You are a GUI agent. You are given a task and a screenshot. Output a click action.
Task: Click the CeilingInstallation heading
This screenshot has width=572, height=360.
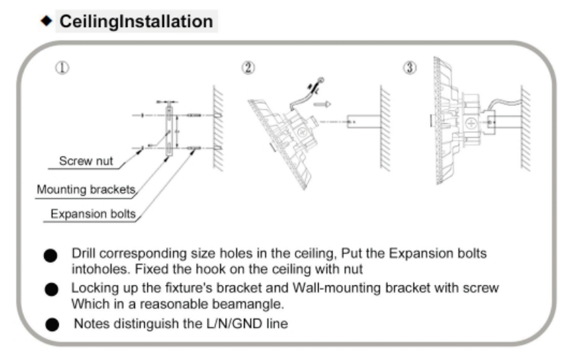point(136,21)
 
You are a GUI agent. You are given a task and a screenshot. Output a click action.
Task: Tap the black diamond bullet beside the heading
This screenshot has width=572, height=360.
point(46,21)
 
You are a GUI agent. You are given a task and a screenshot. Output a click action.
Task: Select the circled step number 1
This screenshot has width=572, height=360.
point(62,68)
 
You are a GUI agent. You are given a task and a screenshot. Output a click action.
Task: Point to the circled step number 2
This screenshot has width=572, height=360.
point(248,68)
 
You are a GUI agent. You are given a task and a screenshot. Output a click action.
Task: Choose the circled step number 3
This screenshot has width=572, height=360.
point(410,68)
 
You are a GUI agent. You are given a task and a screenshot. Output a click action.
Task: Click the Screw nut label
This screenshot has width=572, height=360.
point(86,161)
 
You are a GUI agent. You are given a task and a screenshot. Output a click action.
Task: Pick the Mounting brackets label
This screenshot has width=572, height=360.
point(86,190)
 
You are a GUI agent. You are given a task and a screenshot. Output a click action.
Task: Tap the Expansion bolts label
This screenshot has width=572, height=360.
point(93,214)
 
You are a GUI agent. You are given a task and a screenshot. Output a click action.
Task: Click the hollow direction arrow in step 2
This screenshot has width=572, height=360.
point(322,104)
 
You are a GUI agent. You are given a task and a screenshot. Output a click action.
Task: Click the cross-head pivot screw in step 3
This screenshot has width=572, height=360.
point(471,124)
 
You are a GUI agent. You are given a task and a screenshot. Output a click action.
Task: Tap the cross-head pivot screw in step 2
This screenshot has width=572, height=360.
point(302,132)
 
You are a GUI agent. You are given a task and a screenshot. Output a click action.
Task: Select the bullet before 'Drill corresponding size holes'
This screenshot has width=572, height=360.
point(50,255)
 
